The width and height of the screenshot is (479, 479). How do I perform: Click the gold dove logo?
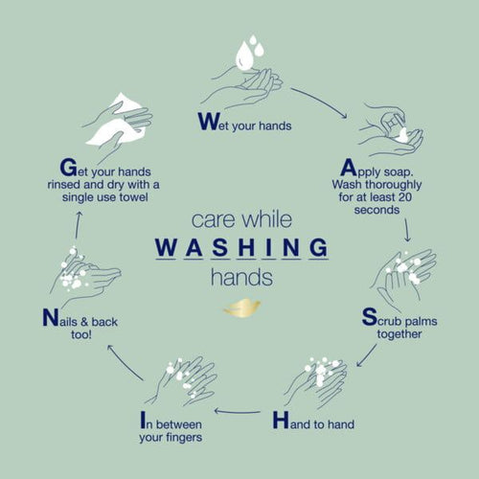242,308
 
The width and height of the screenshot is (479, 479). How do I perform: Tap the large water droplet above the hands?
244,56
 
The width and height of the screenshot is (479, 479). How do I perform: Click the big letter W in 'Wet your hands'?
209,122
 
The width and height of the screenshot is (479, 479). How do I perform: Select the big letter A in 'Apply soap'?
348,168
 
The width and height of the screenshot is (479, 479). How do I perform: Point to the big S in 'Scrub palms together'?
370,316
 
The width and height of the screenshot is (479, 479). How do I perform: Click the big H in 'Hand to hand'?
281,420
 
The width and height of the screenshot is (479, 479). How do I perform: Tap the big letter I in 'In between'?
143,420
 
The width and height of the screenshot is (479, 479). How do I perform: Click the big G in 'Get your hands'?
69,168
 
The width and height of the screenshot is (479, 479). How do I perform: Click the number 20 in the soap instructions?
404,197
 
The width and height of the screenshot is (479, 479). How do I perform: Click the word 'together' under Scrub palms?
399,334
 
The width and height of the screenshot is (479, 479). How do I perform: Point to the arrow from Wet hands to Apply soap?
320,101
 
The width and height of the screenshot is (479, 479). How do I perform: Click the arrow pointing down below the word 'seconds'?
407,230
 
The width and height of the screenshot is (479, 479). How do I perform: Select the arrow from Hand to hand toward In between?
238,411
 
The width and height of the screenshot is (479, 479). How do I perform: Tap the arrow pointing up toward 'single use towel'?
78,224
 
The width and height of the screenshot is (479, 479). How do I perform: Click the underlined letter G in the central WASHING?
319,247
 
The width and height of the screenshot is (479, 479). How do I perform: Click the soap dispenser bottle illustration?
391,123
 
